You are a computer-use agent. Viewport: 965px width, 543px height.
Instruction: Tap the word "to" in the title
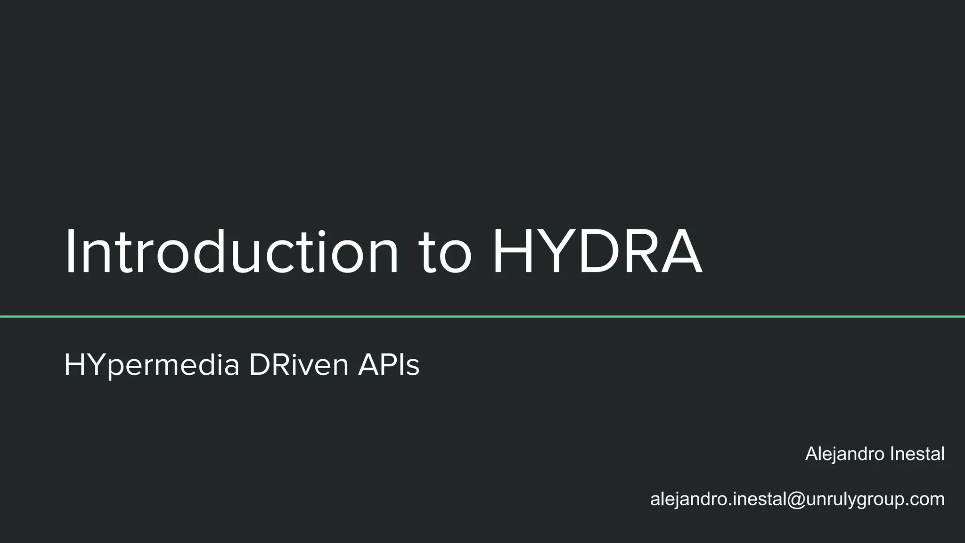coord(445,255)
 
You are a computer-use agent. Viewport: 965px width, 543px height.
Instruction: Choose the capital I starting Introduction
coord(70,252)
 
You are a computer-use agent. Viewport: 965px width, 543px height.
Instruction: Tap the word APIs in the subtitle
coord(389,365)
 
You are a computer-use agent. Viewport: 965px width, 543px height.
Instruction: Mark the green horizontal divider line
coord(482,317)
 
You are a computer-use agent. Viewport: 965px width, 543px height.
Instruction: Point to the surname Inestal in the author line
coord(917,453)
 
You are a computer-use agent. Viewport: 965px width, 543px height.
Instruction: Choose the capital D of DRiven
coord(259,365)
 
